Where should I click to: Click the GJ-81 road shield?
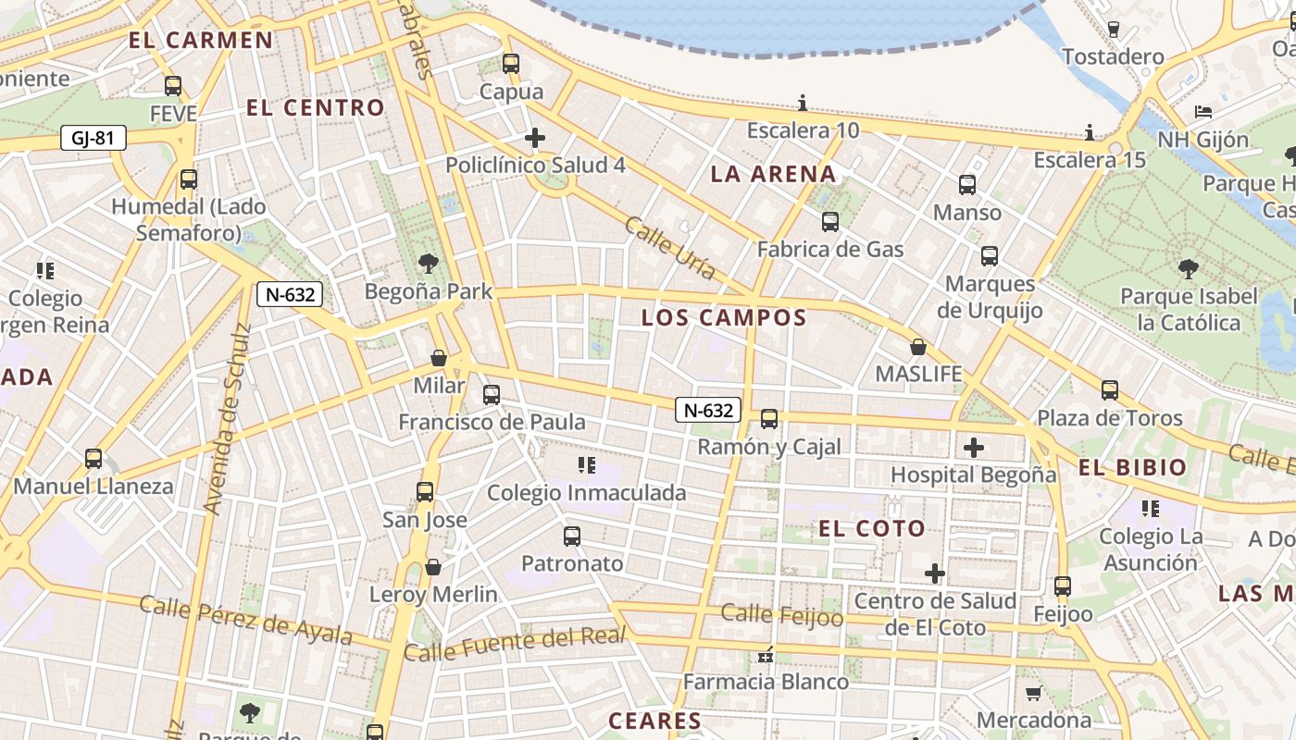(93, 139)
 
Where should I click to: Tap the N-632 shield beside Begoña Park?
(291, 295)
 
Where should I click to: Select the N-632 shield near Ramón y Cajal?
(708, 410)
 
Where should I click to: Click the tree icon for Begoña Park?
(428, 264)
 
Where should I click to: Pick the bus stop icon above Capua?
(511, 64)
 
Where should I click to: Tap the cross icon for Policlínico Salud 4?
(535, 138)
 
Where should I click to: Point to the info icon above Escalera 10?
(803, 103)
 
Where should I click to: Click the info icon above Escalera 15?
(1090, 132)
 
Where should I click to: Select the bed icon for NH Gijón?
(1203, 112)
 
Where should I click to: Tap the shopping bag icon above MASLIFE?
(918, 347)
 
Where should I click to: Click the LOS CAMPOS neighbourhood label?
(724, 318)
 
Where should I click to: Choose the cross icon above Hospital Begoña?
(973, 448)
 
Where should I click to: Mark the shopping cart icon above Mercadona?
(1033, 693)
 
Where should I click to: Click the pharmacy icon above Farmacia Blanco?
(766, 655)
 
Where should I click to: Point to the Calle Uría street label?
(669, 248)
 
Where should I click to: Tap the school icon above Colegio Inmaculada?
(586, 464)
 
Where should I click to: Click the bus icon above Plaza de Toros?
(1109, 390)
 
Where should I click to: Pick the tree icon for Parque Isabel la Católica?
(1189, 269)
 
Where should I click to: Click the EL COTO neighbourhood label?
(872, 529)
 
